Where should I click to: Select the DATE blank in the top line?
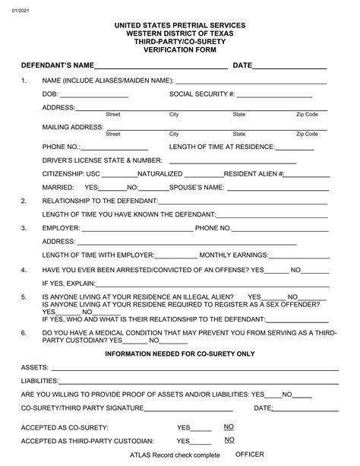tap(289, 68)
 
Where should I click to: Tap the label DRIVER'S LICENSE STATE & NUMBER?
tap(103, 160)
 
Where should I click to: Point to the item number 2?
tap(24, 201)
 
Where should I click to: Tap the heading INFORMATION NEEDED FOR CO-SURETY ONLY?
tap(179, 354)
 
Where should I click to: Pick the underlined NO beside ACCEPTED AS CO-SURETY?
tap(229, 427)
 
